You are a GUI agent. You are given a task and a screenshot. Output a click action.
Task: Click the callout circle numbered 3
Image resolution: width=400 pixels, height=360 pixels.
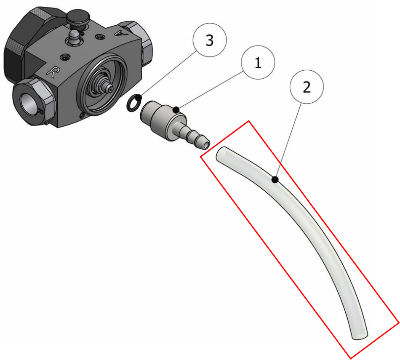(210, 40)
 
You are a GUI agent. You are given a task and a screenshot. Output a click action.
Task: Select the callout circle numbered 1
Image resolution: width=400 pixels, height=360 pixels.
(258, 62)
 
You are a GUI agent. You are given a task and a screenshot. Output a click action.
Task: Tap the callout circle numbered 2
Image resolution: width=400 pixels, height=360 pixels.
(307, 87)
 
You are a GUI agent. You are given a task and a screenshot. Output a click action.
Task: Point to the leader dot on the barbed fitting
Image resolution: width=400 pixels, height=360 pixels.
(176, 110)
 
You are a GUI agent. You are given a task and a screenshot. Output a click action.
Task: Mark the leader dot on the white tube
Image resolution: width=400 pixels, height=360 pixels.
(275, 180)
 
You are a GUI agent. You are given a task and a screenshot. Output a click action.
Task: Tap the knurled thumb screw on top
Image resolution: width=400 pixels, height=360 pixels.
(78, 19)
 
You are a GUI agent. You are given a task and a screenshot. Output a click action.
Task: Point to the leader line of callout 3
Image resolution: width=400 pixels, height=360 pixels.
(168, 74)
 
